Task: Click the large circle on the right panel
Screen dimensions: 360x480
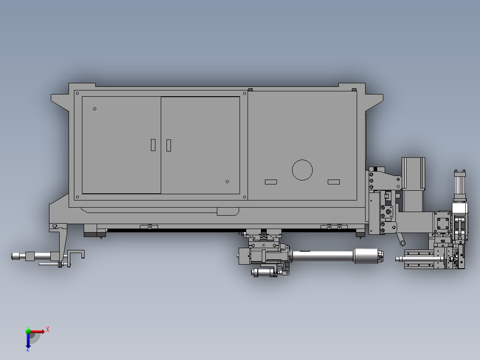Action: click(x=302, y=170)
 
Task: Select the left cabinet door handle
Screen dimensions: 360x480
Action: click(x=153, y=145)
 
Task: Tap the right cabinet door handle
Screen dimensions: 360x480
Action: click(x=169, y=145)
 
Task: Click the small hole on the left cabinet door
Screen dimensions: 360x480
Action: click(x=94, y=109)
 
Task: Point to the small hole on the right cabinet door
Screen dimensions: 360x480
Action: click(x=227, y=181)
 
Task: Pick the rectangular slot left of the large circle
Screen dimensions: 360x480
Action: click(x=271, y=182)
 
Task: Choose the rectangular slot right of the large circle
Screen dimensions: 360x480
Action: click(x=334, y=182)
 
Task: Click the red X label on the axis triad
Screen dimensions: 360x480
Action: click(x=48, y=329)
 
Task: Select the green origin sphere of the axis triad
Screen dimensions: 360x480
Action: click(x=28, y=331)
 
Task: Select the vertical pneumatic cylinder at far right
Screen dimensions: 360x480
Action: click(x=460, y=187)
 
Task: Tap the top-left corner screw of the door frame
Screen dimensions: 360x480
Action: click(x=77, y=94)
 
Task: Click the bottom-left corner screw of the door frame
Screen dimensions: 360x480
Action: click(x=77, y=197)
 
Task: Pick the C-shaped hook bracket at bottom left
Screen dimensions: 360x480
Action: click(x=76, y=256)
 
